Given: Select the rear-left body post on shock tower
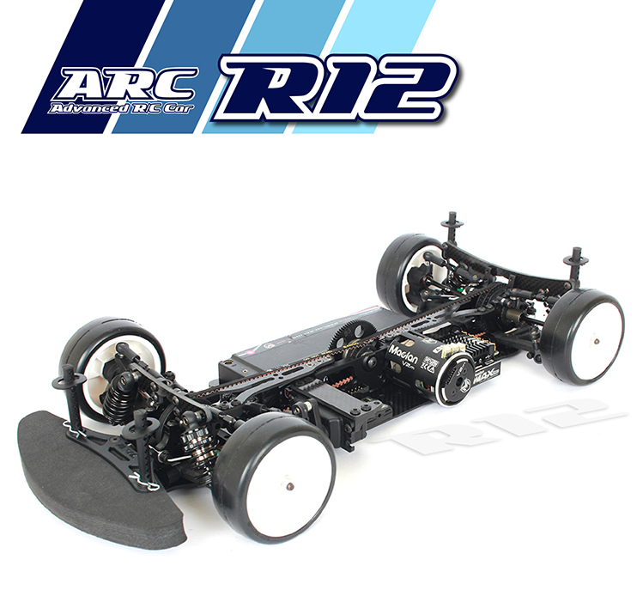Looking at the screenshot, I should [x=451, y=227].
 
